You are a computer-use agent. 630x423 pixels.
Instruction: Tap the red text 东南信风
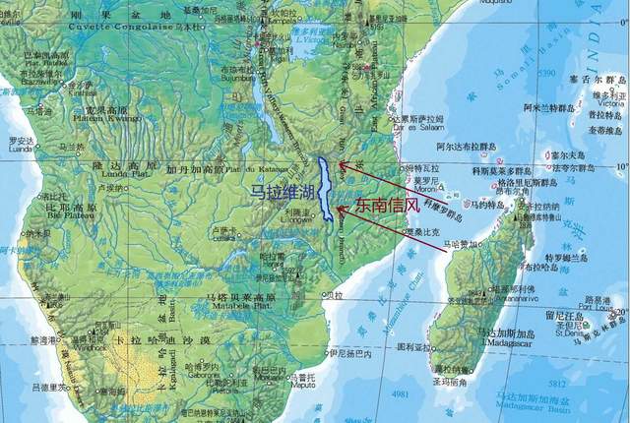point(389,206)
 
